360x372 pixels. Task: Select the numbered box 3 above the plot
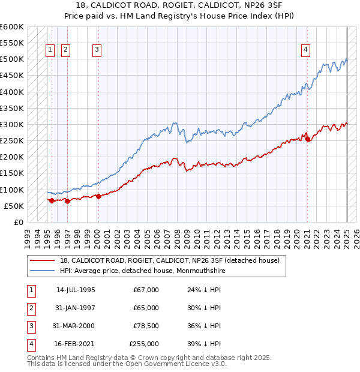[x=97, y=50]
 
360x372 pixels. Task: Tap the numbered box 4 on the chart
[x=305, y=50]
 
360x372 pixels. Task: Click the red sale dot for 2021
[x=308, y=139]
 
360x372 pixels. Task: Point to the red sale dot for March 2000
[x=98, y=197]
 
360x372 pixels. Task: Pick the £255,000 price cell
[x=144, y=344]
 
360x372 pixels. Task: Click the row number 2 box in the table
[x=30, y=308]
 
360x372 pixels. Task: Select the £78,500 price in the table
[x=146, y=326]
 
